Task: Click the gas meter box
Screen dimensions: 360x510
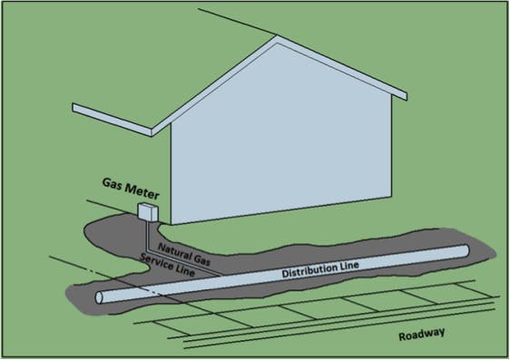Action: pos(146,213)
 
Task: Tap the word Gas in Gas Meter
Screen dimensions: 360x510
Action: pos(113,194)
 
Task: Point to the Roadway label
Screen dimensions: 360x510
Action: pos(422,336)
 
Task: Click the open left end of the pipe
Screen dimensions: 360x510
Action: pos(101,296)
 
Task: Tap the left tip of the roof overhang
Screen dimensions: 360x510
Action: pos(75,110)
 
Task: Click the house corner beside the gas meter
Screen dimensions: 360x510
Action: pos(171,223)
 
